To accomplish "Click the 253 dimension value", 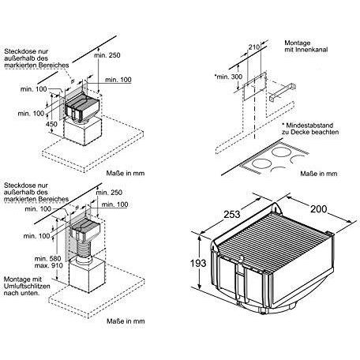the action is pos(232,214).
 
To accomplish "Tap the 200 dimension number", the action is pos(319,209).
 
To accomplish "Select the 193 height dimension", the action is pos(198,263).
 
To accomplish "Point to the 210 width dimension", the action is pos(254,47).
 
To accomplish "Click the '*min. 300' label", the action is pos(228,77).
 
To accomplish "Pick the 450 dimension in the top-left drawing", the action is pos(51,123).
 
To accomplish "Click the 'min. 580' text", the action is pos(47,258).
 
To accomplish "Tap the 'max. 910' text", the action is pos(49,265).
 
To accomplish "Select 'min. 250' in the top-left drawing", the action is pos(107,55).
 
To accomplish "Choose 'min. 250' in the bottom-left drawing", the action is pos(109,193).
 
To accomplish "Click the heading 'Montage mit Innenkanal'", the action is pos(306,46).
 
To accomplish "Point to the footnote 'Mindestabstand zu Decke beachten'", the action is pos(310,129).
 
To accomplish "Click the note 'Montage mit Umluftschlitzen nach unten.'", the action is pos(27,286).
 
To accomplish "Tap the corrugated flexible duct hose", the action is pos(83,250).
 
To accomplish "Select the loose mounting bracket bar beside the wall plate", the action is pos(283,92).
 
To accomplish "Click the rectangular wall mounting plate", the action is pos(254,86).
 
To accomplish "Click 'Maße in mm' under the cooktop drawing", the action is pos(319,174).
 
